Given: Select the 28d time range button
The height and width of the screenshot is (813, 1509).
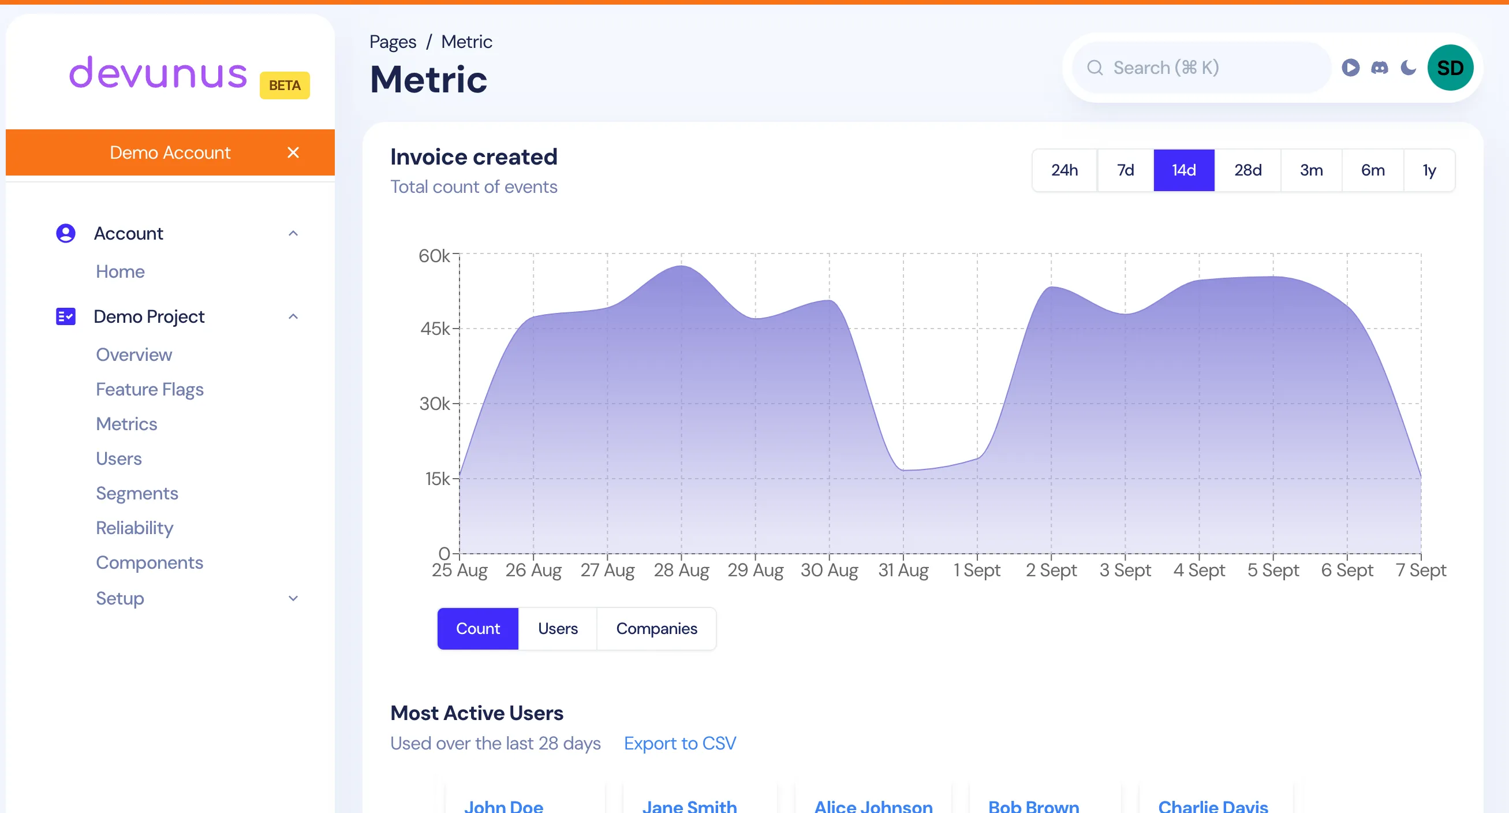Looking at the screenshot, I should pyautogui.click(x=1247, y=170).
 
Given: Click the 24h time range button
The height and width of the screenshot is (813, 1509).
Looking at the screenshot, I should pyautogui.click(x=1064, y=170).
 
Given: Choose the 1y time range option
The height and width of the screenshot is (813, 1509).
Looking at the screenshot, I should pyautogui.click(x=1429, y=170).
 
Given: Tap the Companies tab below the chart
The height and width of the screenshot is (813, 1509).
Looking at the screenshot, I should pyautogui.click(x=656, y=628).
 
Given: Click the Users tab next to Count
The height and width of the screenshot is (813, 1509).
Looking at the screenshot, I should pyautogui.click(x=558, y=628).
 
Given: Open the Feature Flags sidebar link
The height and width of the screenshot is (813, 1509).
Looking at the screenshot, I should pyautogui.click(x=150, y=390).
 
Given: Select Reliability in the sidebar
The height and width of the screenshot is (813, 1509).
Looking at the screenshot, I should pyautogui.click(x=134, y=528).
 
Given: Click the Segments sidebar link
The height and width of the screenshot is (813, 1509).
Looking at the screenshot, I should pyautogui.click(x=136, y=493).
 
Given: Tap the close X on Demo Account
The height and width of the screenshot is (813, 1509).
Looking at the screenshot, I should pyautogui.click(x=293, y=153).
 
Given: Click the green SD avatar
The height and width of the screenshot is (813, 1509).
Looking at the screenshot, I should pyautogui.click(x=1450, y=68).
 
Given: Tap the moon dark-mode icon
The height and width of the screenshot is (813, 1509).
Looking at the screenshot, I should pyautogui.click(x=1408, y=68).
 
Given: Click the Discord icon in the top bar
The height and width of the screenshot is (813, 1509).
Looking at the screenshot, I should pyautogui.click(x=1380, y=68).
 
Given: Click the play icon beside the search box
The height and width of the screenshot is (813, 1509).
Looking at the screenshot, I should pyautogui.click(x=1351, y=68).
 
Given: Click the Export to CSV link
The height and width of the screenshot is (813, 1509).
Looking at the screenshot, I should pyautogui.click(x=679, y=743).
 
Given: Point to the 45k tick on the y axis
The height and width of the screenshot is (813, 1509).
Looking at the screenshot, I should pyautogui.click(x=435, y=329).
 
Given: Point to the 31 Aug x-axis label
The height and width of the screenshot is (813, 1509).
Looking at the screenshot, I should pyautogui.click(x=903, y=570).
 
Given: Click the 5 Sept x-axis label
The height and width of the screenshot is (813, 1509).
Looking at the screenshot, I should pyautogui.click(x=1273, y=570).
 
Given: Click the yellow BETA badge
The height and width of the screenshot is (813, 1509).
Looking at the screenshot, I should pyautogui.click(x=285, y=85).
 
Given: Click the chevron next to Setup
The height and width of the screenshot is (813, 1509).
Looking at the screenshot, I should pyautogui.click(x=293, y=598).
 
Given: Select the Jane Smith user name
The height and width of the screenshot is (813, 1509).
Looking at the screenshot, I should pyautogui.click(x=689, y=806).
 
